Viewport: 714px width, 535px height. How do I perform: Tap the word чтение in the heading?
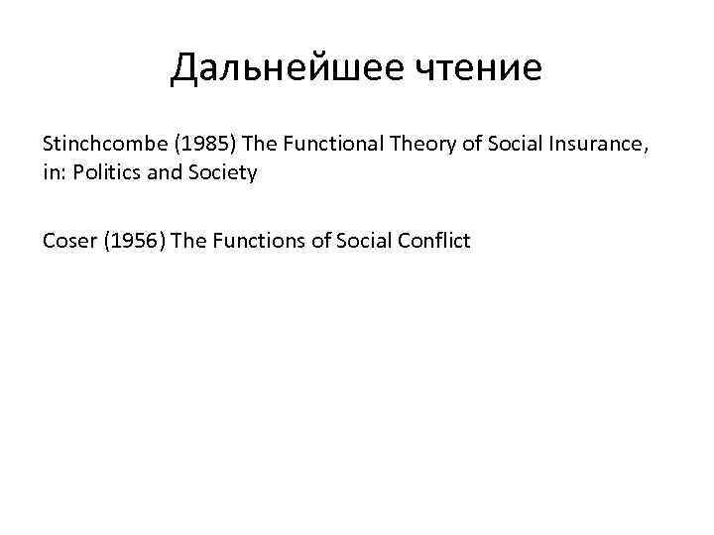point(486,68)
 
